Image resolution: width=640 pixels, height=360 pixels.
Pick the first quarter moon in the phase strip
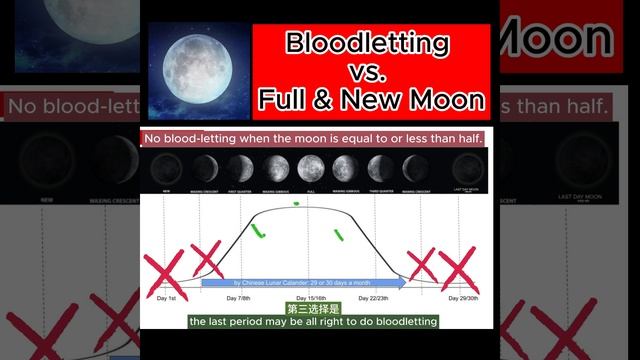point(240,166)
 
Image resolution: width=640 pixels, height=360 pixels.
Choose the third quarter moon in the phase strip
point(379,166)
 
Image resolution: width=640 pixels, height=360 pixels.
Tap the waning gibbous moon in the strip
point(344,166)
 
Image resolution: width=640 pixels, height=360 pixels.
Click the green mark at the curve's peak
point(296,204)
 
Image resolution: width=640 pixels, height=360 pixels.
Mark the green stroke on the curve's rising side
point(258,232)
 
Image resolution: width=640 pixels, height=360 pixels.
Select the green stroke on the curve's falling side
point(337,234)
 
